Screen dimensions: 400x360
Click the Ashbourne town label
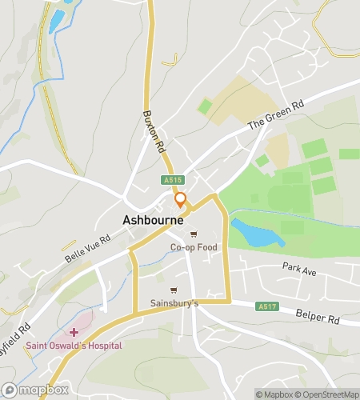click(153, 219)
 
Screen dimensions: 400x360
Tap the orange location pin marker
click(181, 200)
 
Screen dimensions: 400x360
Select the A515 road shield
click(172, 181)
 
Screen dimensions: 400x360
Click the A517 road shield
click(267, 306)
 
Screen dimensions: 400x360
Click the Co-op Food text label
click(194, 248)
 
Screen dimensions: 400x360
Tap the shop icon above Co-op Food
click(194, 235)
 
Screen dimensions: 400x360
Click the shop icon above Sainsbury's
click(174, 290)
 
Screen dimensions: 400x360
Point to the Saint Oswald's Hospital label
click(74, 346)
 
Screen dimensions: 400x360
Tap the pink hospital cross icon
click(74, 331)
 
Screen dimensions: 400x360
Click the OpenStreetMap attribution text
click(327, 394)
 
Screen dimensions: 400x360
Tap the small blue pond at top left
click(57, 22)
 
